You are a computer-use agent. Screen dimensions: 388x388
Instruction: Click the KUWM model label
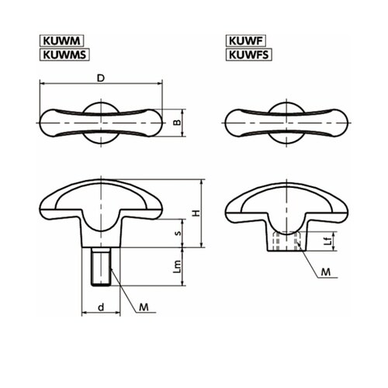pyautogui.click(x=61, y=41)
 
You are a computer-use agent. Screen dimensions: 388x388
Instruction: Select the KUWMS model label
pyautogui.click(x=64, y=54)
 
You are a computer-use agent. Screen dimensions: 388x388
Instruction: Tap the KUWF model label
pyautogui.click(x=246, y=41)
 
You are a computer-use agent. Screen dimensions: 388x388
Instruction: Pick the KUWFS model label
pyautogui.click(x=249, y=54)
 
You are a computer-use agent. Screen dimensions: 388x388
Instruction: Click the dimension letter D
pyautogui.click(x=101, y=78)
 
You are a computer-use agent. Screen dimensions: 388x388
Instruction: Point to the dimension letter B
pyautogui.click(x=177, y=122)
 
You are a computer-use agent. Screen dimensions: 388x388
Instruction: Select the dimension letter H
pyautogui.click(x=196, y=213)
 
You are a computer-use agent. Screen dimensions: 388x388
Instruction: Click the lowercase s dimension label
pyautogui.click(x=178, y=234)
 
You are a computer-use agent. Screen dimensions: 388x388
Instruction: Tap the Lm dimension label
pyautogui.click(x=177, y=267)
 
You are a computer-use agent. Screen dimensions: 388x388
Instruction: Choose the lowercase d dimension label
pyautogui.click(x=101, y=307)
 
